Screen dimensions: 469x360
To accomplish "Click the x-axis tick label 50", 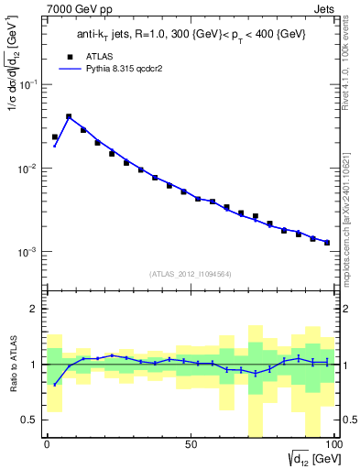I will (x=190, y=445).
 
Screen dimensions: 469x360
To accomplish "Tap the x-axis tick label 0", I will (x=47, y=445).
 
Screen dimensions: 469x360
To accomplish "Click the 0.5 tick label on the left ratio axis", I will (x=31, y=420).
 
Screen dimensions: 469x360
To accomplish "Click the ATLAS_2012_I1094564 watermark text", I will (x=190, y=273).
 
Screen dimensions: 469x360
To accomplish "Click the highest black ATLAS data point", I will (x=69, y=117).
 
